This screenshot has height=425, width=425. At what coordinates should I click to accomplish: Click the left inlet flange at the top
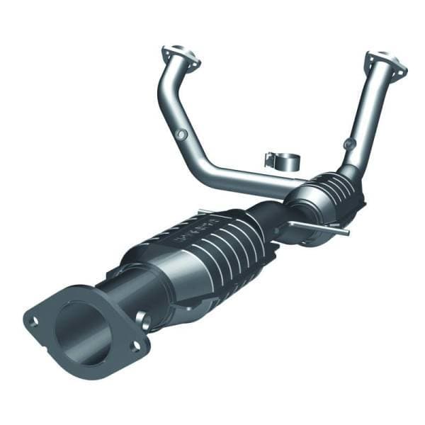(179, 56)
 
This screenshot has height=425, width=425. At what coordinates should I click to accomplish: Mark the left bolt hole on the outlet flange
(33, 322)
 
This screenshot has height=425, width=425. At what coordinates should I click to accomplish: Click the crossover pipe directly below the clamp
(262, 181)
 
